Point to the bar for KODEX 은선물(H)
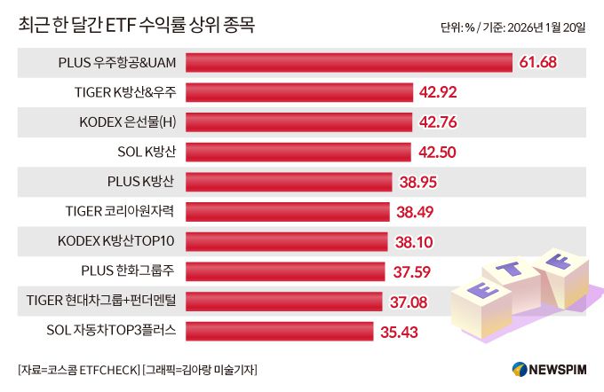[298, 122]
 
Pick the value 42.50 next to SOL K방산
[437, 153]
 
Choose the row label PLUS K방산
[140, 182]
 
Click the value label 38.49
[415, 212]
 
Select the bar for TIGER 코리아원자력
[288, 212]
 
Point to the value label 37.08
[409, 302]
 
